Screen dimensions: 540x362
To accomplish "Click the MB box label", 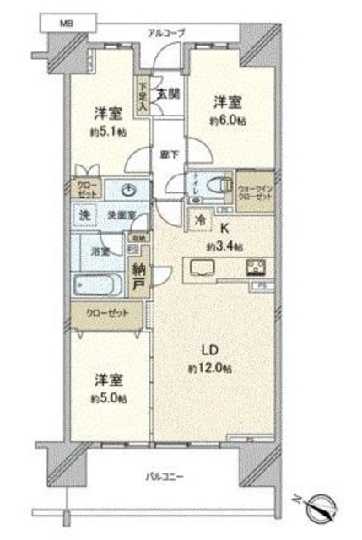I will pyautogui.click(x=65, y=24).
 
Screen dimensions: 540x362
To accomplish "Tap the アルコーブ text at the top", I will pyautogui.click(x=166, y=33).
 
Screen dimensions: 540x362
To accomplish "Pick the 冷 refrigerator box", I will pyautogui.click(x=199, y=218).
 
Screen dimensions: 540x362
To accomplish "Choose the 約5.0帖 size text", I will pyautogui.click(x=109, y=397).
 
